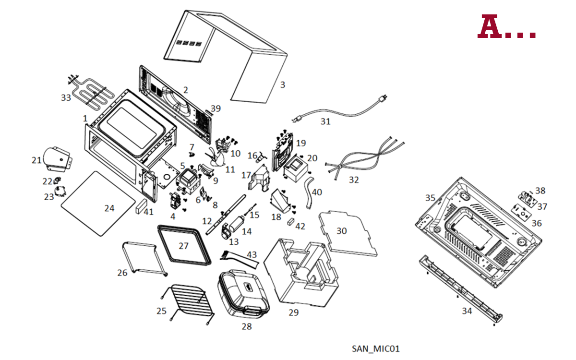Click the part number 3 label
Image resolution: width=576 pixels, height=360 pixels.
[283, 85]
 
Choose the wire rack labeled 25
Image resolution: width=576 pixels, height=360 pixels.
[188, 300]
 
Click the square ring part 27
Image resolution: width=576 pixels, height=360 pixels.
[184, 245]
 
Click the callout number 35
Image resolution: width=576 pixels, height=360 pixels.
[430, 198]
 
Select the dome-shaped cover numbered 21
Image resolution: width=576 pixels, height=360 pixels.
[56, 158]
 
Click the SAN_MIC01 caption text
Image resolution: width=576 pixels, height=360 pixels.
[375, 348]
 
